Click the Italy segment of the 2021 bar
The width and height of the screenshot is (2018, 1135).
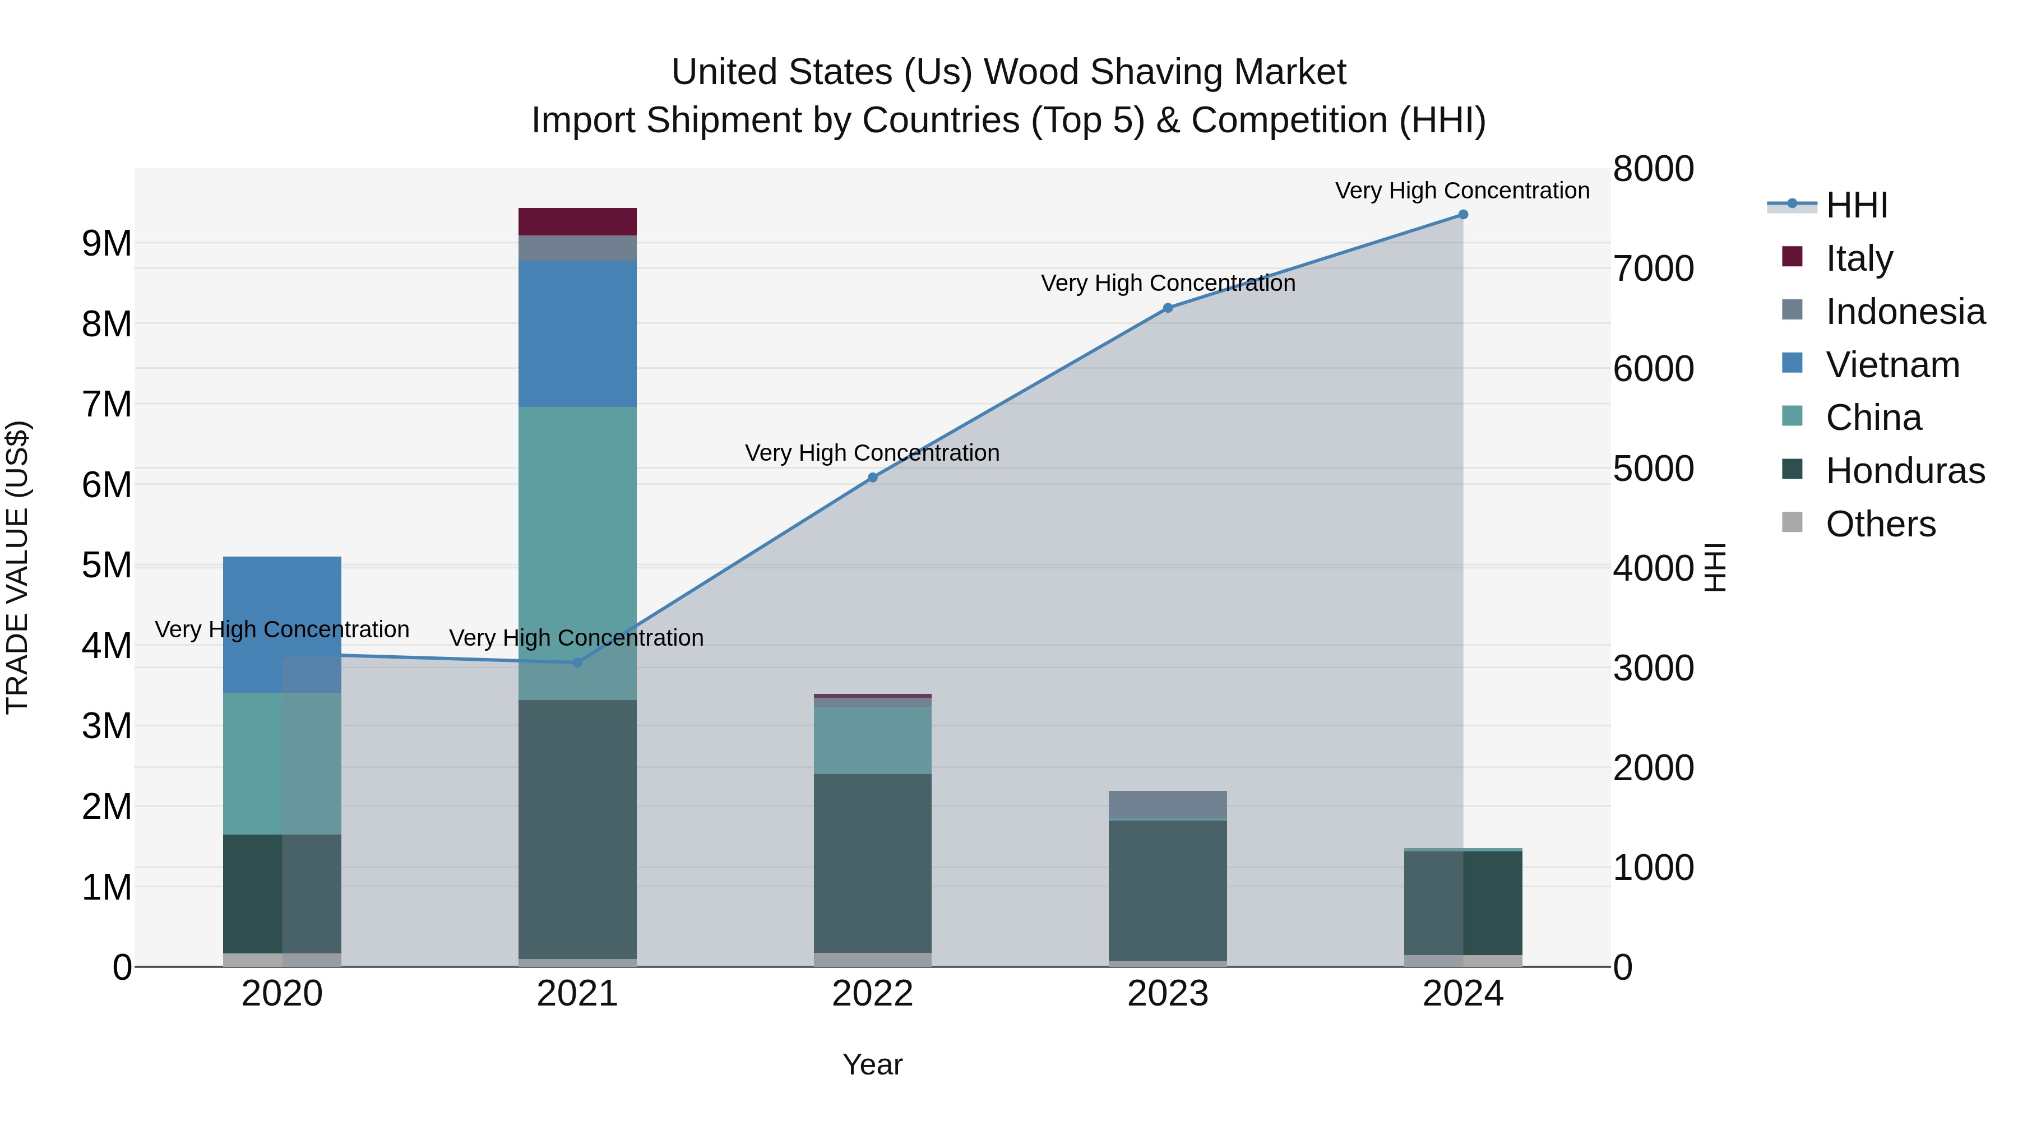[577, 221]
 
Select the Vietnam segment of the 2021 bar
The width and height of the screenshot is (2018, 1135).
[577, 333]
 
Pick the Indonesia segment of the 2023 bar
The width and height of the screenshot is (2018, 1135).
[1167, 804]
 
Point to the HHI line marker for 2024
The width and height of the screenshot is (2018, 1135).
[1462, 215]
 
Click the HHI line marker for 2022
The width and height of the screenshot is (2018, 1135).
[873, 478]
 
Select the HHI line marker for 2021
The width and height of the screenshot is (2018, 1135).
[577, 663]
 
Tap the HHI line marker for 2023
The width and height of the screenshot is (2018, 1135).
[1167, 308]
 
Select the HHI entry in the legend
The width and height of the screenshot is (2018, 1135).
[1856, 205]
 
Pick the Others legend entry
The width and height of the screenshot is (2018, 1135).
[1880, 524]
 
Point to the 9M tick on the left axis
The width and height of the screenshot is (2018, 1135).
[107, 244]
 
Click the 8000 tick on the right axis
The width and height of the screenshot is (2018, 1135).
[1653, 169]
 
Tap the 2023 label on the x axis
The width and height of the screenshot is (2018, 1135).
[1167, 994]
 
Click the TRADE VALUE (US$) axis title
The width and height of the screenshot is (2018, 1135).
[18, 567]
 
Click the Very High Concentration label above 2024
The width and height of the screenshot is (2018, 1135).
[1462, 191]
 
